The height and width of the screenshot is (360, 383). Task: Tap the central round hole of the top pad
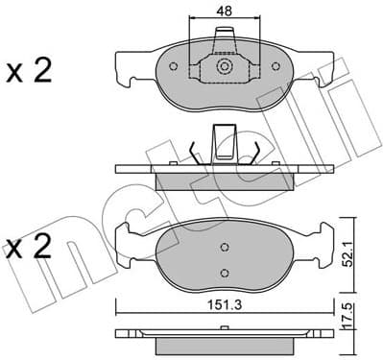pyautogui.click(x=225, y=67)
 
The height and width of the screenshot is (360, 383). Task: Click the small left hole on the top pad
pyautogui.click(x=173, y=67)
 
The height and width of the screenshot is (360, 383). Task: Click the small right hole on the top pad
pyautogui.click(x=276, y=67)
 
